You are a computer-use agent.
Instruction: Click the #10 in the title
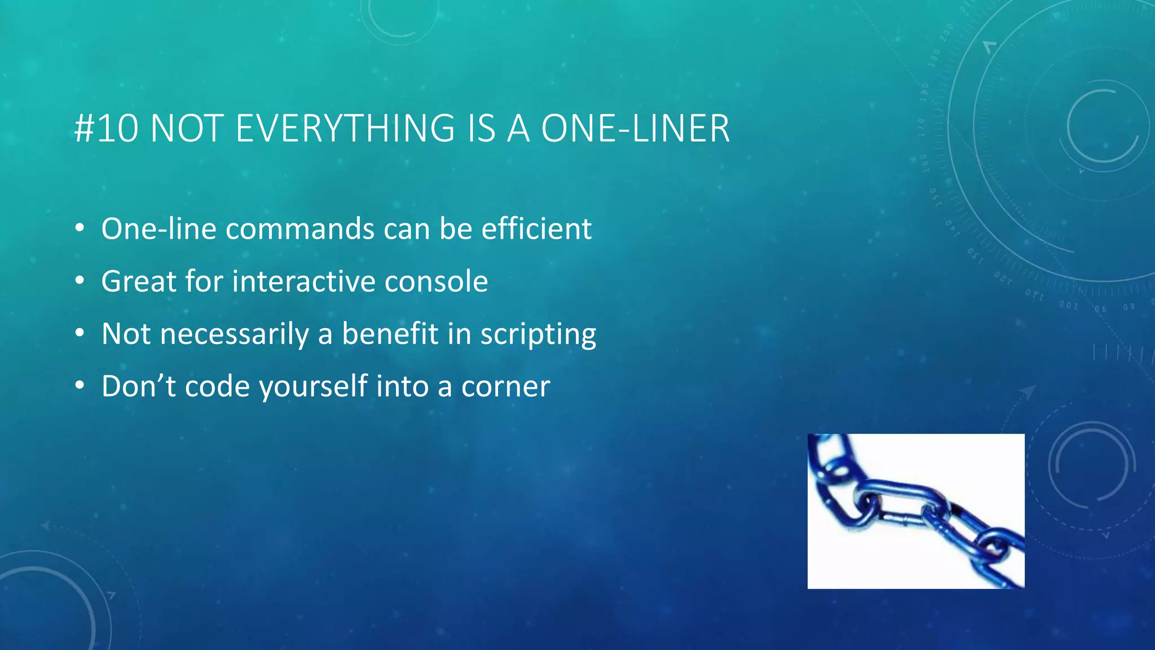pos(106,129)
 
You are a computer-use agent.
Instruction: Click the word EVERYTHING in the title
pos(345,129)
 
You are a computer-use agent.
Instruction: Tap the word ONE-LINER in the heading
pos(635,129)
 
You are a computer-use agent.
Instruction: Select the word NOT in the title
pos(188,129)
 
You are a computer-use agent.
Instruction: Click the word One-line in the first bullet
pos(158,229)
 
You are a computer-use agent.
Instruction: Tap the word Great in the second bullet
pos(138,282)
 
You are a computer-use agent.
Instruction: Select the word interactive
pos(303,282)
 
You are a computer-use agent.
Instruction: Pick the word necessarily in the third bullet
pos(234,334)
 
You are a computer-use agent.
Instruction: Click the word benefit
pos(390,334)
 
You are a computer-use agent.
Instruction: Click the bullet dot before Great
pos(80,280)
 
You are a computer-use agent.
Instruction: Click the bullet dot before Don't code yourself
pos(80,385)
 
